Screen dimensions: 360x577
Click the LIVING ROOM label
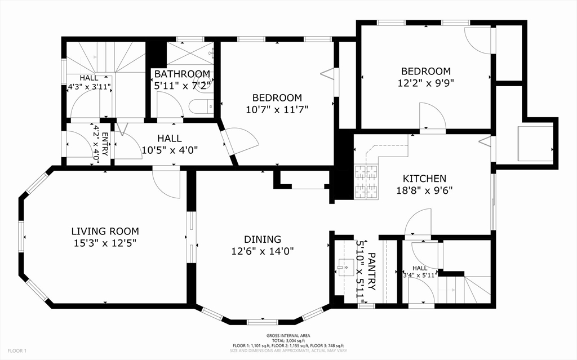(x=105, y=231)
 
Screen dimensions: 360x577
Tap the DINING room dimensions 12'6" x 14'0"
(x=263, y=251)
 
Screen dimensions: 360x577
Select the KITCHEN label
(x=424, y=179)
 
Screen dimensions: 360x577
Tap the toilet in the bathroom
(x=201, y=105)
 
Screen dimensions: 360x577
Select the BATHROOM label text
(x=182, y=74)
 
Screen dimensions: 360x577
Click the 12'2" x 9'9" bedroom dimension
(x=425, y=82)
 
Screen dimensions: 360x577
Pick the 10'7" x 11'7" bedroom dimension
(x=277, y=109)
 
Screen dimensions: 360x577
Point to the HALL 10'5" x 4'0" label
(x=169, y=144)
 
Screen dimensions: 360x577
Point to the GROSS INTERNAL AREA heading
(x=288, y=336)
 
